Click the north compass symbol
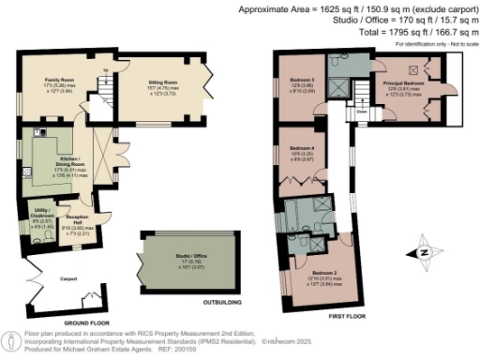[423, 251]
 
